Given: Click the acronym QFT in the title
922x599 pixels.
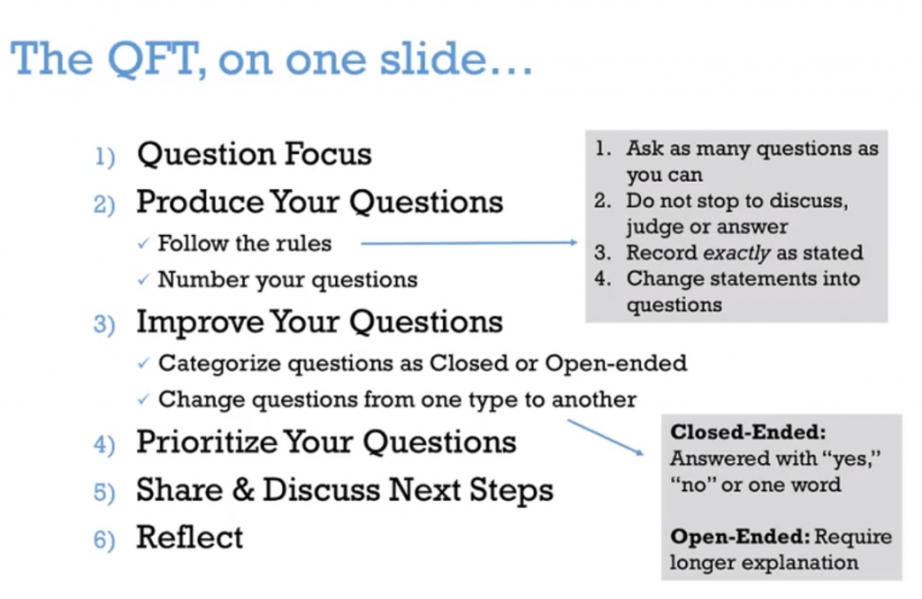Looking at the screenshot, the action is point(153,59).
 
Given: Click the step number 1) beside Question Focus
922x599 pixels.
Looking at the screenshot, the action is point(104,157).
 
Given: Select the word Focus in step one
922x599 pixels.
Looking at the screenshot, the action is point(328,153).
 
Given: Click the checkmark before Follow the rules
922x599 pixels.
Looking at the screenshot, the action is point(143,243).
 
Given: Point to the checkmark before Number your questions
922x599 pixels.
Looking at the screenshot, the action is point(143,279).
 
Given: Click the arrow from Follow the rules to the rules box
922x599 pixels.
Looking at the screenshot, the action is point(469,242).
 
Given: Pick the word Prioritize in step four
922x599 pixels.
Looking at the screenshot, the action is point(206,442).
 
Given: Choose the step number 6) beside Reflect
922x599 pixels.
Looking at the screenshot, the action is point(104,540).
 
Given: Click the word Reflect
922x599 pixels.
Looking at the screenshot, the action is point(189,537).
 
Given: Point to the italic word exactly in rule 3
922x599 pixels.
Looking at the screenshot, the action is point(737,253).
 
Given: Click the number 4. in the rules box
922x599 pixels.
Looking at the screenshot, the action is point(602,277).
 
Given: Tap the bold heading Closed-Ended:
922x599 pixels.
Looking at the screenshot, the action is point(748,431).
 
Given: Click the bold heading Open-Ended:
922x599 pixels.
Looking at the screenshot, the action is point(740,537).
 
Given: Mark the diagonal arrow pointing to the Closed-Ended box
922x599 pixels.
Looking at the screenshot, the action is point(606,437).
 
